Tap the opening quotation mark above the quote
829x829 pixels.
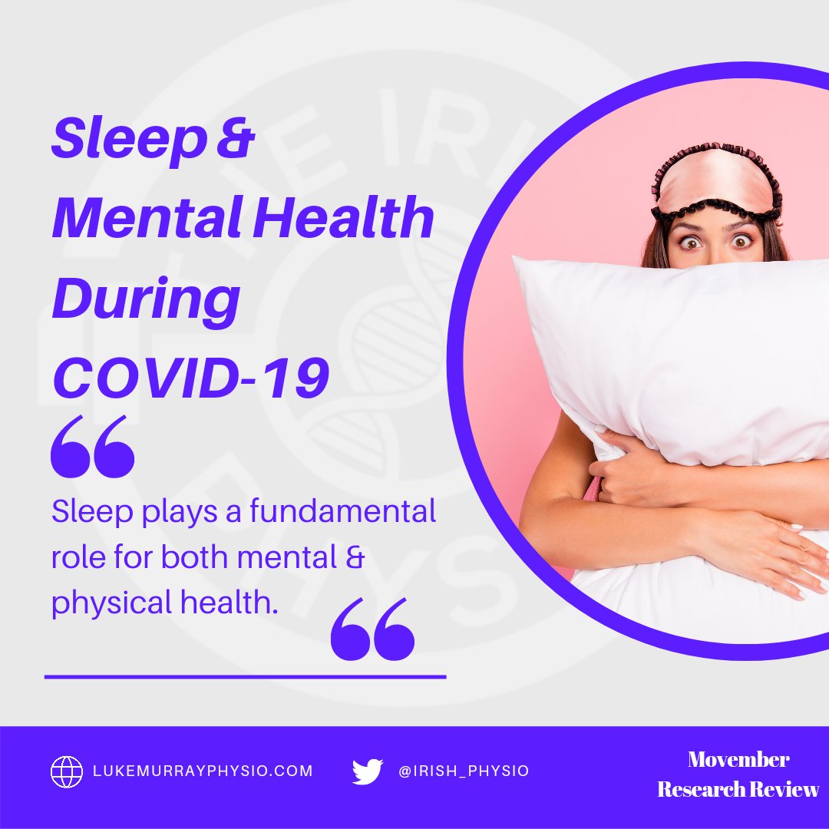92,447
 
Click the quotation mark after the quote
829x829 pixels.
372,629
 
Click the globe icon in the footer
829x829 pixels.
67,771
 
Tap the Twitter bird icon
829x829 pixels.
368,771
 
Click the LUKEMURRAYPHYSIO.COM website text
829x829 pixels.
203,771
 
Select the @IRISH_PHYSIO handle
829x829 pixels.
464,771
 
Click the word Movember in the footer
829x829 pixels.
738,760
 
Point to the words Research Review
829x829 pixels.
738,789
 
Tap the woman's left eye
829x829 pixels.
742,241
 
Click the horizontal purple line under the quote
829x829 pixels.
245,677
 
